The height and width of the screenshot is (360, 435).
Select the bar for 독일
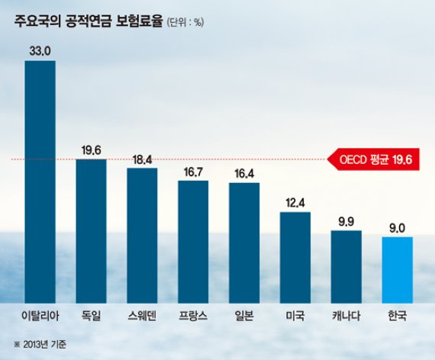[91, 232]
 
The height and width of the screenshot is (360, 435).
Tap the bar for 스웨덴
[142, 236]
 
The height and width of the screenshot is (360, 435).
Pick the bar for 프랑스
[193, 243]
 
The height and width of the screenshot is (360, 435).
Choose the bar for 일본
[244, 244]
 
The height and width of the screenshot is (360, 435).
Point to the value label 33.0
[40, 52]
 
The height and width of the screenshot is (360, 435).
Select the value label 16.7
[193, 172]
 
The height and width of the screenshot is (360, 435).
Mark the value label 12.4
[295, 202]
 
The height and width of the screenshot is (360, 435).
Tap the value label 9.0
[397, 227]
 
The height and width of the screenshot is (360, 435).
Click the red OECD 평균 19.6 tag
[373, 160]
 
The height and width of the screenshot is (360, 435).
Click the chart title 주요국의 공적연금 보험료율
[87, 23]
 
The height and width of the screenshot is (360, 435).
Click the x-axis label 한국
[397, 315]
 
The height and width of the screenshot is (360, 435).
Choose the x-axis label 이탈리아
[40, 315]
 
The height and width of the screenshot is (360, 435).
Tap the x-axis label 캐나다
[346, 315]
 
